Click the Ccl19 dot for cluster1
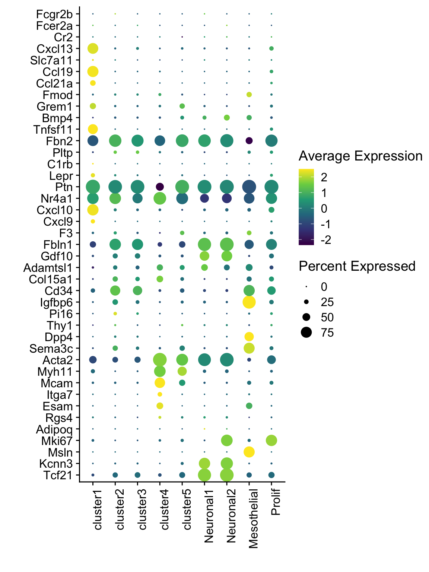pos(93,71)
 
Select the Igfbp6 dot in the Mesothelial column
pos(249,302)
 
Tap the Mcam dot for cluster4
pos(160,383)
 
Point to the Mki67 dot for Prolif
pos(271,441)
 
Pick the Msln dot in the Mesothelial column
pos(249,452)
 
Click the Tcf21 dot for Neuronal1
pos(204,475)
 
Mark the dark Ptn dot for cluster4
pos(160,187)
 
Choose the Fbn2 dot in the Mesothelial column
pos(249,141)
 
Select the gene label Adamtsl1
pos(48,268)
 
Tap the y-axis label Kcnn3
pos(55,464)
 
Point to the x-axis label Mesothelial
pos(253,519)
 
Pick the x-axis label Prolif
pos(276,502)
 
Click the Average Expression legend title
pos(360,156)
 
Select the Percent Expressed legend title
pos(357,266)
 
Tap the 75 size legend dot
pos(306,332)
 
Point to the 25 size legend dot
pos(306,302)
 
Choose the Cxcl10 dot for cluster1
pos(93,210)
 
